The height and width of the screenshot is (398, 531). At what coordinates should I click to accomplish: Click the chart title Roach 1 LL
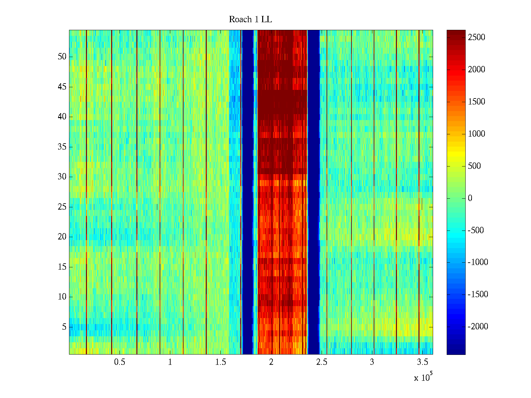coord(250,20)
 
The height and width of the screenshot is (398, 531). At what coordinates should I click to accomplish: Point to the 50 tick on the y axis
coord(62,57)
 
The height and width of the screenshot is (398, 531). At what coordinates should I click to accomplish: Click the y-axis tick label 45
coord(62,87)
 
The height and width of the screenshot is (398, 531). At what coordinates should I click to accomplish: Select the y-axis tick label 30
coord(62,177)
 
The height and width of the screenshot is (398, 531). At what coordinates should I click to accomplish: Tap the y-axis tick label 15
coord(62,267)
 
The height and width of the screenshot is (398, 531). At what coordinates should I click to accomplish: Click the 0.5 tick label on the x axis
coord(119,362)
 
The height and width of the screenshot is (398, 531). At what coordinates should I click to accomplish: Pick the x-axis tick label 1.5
coord(220,362)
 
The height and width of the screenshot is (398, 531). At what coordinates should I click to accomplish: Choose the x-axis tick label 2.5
coord(322,362)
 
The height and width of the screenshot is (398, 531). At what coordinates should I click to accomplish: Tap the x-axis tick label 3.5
coord(422,362)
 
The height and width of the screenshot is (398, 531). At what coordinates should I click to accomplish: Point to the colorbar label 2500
coord(477,37)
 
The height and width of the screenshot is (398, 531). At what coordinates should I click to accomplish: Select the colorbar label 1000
coord(477,134)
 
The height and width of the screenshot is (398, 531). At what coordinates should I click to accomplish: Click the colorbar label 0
coord(470,198)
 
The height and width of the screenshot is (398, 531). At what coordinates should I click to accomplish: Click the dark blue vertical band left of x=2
coord(248,192)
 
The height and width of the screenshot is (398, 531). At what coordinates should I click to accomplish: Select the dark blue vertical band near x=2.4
coord(314,192)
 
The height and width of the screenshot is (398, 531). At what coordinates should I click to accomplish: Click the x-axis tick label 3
coord(372,362)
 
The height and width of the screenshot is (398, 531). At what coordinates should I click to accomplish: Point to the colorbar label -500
coord(476,231)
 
